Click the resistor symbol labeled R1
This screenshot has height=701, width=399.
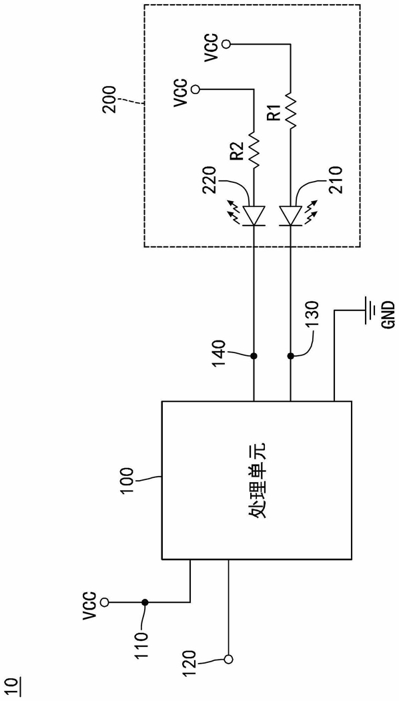tap(290, 110)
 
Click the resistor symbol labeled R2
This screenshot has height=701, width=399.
tap(254, 150)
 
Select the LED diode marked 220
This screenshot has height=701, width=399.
tap(254, 215)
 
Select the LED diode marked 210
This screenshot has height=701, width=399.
tap(290, 215)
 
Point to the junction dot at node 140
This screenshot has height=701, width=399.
tap(254, 357)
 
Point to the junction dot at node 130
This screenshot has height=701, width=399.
tap(290, 357)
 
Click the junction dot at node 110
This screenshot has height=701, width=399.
tap(145, 602)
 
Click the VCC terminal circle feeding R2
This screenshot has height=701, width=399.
tap(195, 89)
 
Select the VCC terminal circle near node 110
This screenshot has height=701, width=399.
tap(105, 602)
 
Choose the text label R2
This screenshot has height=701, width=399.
tap(238, 150)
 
